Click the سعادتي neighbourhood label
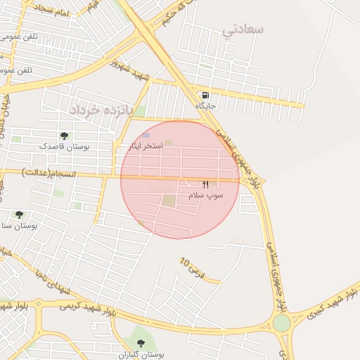pyautogui.click(x=243, y=30)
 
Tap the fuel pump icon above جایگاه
pyautogui.click(x=205, y=95)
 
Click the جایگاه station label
pyautogui.click(x=205, y=105)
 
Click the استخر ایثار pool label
pyautogui.click(x=147, y=146)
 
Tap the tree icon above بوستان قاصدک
pyautogui.click(x=65, y=135)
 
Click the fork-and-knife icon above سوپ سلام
pyautogui.click(x=205, y=184)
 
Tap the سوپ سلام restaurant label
pyautogui.click(x=206, y=195)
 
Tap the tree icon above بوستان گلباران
pyautogui.click(x=141, y=342)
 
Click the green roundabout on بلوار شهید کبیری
pyautogui.click(x=281, y=323)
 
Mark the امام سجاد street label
pyautogui.click(x=47, y=11)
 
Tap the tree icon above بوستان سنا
pyautogui.click(x=19, y=214)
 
